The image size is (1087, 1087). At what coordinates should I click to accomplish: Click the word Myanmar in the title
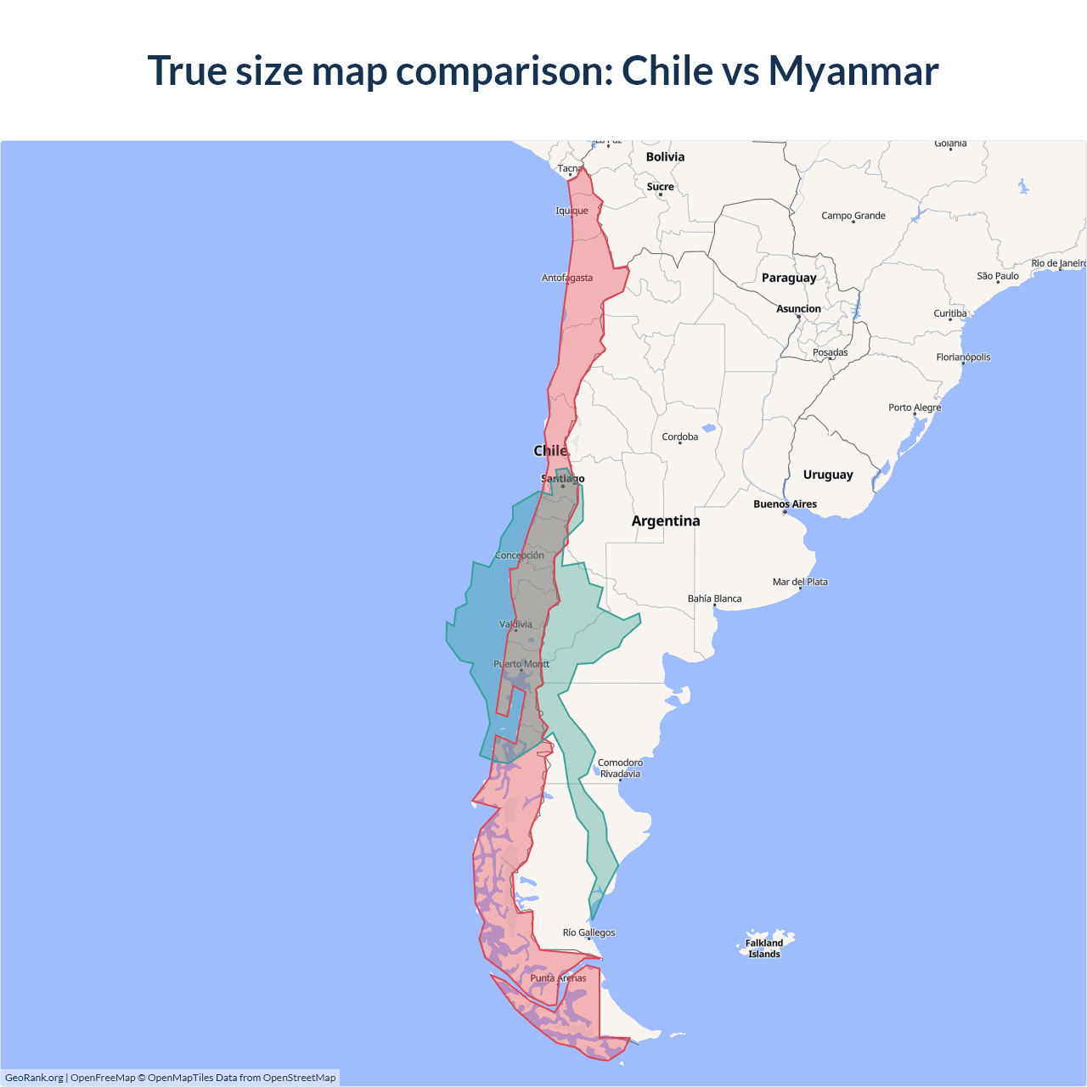[x=853, y=70]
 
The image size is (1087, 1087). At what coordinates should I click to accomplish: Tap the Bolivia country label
[x=665, y=157]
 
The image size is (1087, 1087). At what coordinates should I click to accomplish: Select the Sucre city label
[x=660, y=187]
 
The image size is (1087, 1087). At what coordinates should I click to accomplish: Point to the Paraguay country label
[x=789, y=278]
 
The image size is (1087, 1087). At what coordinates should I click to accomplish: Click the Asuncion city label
[x=798, y=309]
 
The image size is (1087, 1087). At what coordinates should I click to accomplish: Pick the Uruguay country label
[x=828, y=475]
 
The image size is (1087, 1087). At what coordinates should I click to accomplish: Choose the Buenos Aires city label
[x=785, y=504]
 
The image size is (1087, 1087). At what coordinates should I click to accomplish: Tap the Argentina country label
[x=666, y=521]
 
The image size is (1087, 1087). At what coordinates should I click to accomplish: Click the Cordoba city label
[x=679, y=437]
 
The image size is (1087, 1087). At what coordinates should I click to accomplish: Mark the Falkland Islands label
[x=764, y=949]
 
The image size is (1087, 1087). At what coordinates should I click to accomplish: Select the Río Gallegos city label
[x=589, y=932]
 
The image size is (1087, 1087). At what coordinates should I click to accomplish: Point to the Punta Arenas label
[x=558, y=978]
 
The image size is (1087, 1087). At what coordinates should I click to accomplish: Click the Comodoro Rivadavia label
[x=620, y=768]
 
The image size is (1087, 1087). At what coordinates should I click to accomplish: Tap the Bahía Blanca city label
[x=714, y=599]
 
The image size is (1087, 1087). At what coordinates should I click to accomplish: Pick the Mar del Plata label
[x=800, y=582]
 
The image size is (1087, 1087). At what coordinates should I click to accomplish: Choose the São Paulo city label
[x=997, y=276]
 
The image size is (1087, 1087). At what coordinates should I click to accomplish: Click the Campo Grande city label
[x=853, y=216]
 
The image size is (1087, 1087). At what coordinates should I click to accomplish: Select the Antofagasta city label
[x=567, y=278]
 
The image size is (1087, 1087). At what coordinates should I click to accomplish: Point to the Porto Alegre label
[x=915, y=408]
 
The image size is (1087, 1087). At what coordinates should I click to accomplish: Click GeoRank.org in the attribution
[x=34, y=1078]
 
